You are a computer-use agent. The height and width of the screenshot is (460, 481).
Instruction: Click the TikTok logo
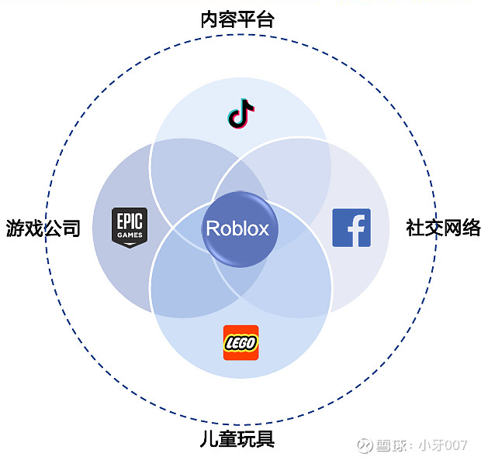[x=241, y=113]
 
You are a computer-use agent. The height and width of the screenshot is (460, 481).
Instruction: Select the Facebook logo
[x=351, y=227]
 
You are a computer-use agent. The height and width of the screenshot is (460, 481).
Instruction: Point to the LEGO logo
[x=240, y=342]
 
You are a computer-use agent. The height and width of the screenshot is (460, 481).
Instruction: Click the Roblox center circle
[x=237, y=228]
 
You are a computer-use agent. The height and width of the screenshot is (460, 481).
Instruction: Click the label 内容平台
[x=237, y=19]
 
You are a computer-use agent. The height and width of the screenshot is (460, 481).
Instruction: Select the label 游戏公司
[x=43, y=228]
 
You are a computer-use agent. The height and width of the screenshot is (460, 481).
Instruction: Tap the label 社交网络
[x=443, y=228]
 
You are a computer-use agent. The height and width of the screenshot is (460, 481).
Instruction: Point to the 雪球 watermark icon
[x=365, y=445]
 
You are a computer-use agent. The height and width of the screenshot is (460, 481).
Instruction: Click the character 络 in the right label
[x=471, y=228]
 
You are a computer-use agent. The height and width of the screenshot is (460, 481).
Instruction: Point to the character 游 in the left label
[x=15, y=228]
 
